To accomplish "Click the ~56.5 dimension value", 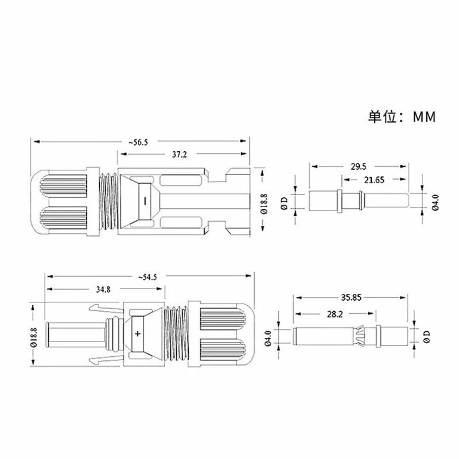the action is [138, 142].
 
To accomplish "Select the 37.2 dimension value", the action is [179, 154].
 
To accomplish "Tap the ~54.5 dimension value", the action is [147, 277].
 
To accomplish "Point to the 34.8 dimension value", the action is [103, 290].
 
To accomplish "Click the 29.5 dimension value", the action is [359, 166].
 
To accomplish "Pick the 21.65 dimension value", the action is [374, 180].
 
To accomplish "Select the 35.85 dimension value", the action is [351, 297].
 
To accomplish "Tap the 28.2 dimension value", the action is [335, 314].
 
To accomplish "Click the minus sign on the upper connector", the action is [145, 201].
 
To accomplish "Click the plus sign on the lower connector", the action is [138, 334].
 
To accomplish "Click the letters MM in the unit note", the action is [425, 117].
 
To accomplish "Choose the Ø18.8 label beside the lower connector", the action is [34, 337].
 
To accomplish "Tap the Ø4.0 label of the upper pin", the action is [435, 203].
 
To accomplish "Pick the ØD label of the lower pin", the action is [427, 337].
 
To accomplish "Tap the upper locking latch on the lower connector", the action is [104, 309].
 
